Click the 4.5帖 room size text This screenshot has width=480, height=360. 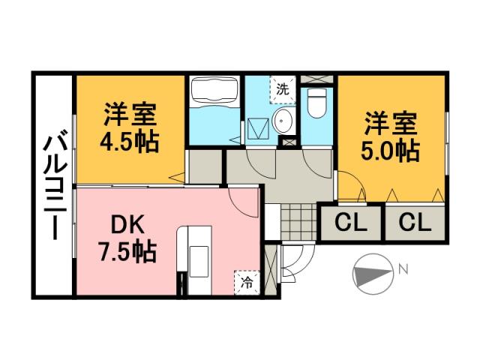(x=130, y=142)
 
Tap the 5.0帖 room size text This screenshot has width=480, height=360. (x=391, y=150)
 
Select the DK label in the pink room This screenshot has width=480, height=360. (x=129, y=224)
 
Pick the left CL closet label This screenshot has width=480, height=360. (x=351, y=223)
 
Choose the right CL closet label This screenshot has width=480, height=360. (x=414, y=223)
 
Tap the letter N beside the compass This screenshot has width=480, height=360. (x=403, y=268)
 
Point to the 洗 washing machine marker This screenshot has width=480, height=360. (x=282, y=88)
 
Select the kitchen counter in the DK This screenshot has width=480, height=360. (x=195, y=259)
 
